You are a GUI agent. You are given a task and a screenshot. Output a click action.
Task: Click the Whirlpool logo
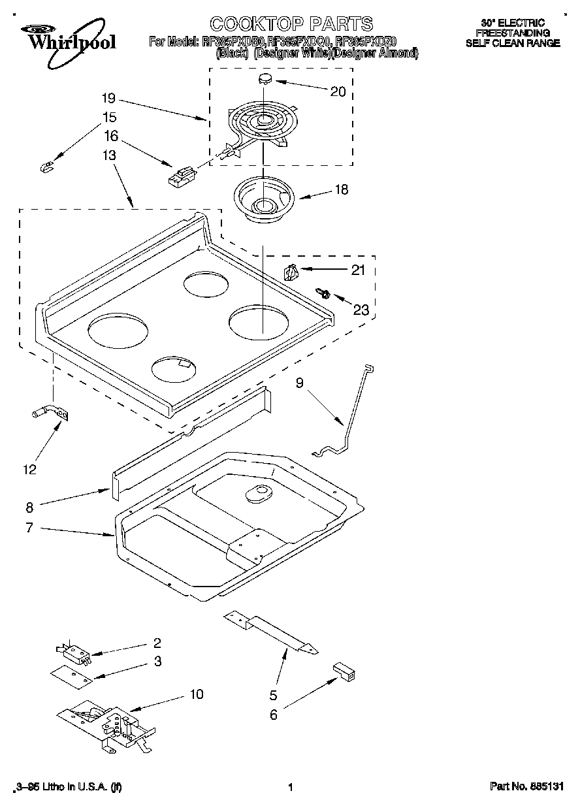pyautogui.click(x=65, y=37)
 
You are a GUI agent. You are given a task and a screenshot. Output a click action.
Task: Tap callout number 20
pyautogui.click(x=338, y=91)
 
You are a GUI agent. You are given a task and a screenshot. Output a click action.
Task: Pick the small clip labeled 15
pyautogui.click(x=46, y=169)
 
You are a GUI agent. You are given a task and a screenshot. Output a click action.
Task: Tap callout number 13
pyautogui.click(x=109, y=155)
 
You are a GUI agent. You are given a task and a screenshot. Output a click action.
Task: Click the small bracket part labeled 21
pyautogui.click(x=291, y=270)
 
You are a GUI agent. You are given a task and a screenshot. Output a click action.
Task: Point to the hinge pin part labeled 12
pyautogui.click(x=49, y=413)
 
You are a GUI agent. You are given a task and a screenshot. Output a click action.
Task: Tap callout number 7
pyautogui.click(x=29, y=528)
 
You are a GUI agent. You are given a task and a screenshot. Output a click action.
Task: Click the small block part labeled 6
pyautogui.click(x=344, y=670)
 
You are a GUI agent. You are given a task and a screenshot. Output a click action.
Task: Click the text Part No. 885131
pyautogui.click(x=526, y=787)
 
